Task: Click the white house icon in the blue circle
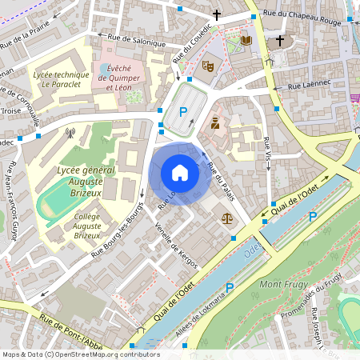click(x=180, y=172)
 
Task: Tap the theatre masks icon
click(x=209, y=66)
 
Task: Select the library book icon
click(x=246, y=40)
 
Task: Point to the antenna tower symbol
click(x=70, y=134)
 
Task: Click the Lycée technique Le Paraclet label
click(x=58, y=78)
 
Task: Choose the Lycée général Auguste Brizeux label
click(x=86, y=176)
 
